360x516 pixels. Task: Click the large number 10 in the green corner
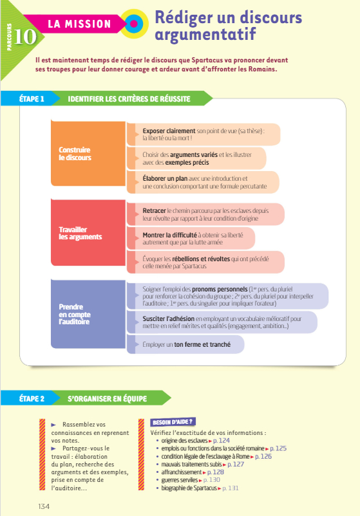coord(25,37)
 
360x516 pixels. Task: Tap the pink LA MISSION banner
coord(75,24)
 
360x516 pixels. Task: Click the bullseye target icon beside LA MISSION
coord(134,24)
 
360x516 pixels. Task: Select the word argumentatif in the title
coord(205,35)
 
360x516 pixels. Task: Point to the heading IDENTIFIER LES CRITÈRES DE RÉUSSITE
coord(129,99)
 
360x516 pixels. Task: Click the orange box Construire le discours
coord(88,154)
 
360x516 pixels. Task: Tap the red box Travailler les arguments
coord(88,233)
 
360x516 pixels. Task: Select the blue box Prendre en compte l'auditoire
coord(88,314)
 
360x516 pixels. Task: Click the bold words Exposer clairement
coord(169,131)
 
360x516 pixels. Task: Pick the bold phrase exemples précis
coord(187,163)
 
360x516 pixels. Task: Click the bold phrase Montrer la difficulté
coord(169,235)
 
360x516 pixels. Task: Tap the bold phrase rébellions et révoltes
coord(201,259)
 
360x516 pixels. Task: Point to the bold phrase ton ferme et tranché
coord(202,345)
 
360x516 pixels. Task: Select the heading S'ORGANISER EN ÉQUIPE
coord(108,399)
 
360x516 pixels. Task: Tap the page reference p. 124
coord(222,441)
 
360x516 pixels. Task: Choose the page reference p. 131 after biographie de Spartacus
coord(230,488)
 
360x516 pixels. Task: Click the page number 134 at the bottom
coord(44,506)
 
